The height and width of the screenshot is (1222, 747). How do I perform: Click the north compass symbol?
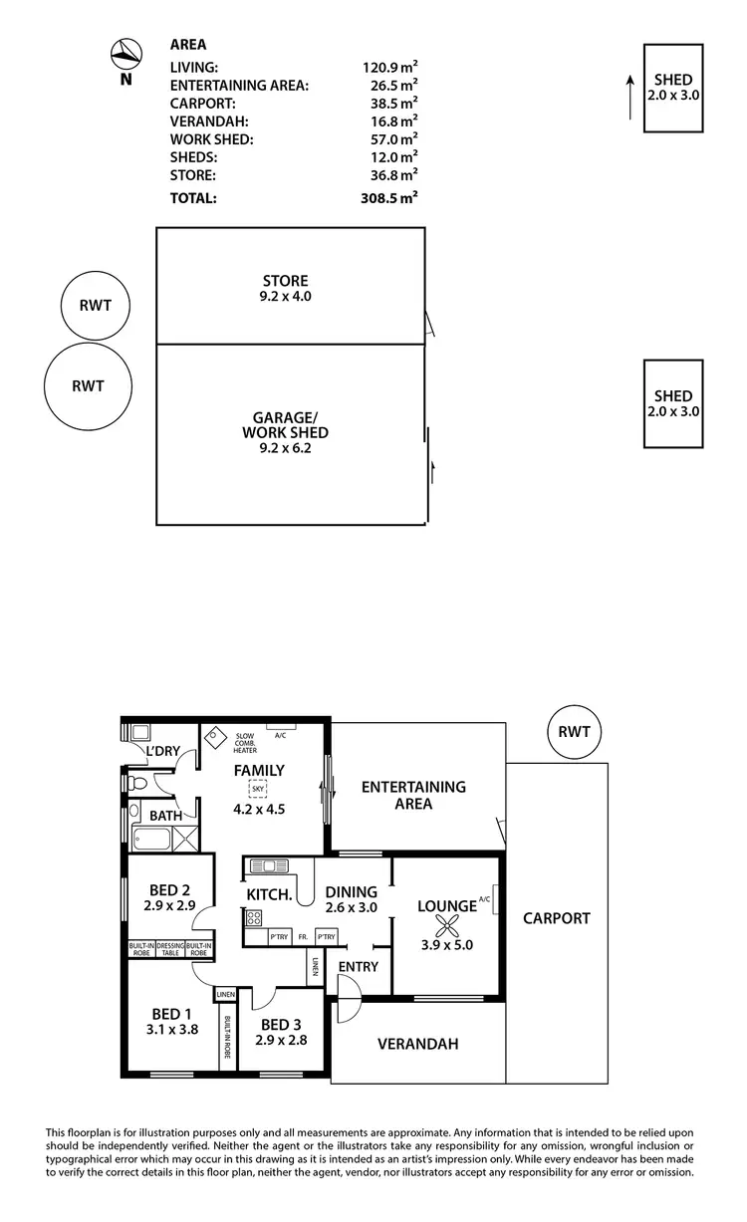click(125, 53)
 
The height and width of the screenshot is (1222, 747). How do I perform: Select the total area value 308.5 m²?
click(389, 198)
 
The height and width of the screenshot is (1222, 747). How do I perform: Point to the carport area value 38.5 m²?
click(389, 103)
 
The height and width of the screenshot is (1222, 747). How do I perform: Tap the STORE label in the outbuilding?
click(285, 281)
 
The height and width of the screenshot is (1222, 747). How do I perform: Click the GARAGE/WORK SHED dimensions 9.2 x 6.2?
click(285, 449)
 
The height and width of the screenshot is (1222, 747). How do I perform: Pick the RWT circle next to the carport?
click(574, 732)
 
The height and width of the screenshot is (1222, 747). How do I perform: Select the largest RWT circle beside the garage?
click(88, 385)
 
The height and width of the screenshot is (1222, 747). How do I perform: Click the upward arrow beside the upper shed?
click(628, 95)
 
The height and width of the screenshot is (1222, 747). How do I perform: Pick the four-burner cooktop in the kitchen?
click(254, 918)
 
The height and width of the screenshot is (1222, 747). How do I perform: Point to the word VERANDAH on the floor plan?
click(417, 1045)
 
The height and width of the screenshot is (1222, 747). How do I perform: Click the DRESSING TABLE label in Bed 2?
click(170, 948)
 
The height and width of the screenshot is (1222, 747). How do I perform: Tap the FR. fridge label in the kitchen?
click(301, 937)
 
